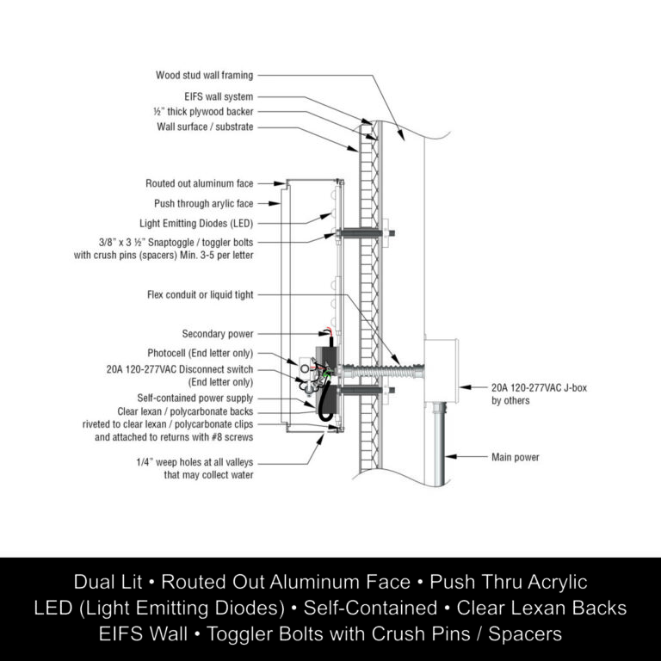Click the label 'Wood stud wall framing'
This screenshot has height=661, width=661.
click(205, 76)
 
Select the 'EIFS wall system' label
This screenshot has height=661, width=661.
click(219, 96)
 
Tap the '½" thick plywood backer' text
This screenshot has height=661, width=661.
click(203, 112)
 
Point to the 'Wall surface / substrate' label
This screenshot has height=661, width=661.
click(205, 127)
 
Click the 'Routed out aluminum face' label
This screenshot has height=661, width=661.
click(200, 183)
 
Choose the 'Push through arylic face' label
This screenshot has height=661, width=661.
click(204, 204)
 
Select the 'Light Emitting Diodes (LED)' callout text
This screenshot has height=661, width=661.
click(196, 224)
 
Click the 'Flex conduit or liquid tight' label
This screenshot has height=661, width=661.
click(201, 294)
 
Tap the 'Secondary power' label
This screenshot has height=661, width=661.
click(218, 334)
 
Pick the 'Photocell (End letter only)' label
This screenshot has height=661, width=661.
click(201, 353)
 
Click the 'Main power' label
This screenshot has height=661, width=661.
click(516, 457)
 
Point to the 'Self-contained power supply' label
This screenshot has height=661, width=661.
click(195, 398)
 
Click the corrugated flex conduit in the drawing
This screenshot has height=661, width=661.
click(382, 372)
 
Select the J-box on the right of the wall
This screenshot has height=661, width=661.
click(441, 371)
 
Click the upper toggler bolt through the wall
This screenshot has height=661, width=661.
click(366, 232)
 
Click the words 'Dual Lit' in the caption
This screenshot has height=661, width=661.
click(108, 582)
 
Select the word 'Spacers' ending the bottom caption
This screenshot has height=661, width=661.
click(525, 633)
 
